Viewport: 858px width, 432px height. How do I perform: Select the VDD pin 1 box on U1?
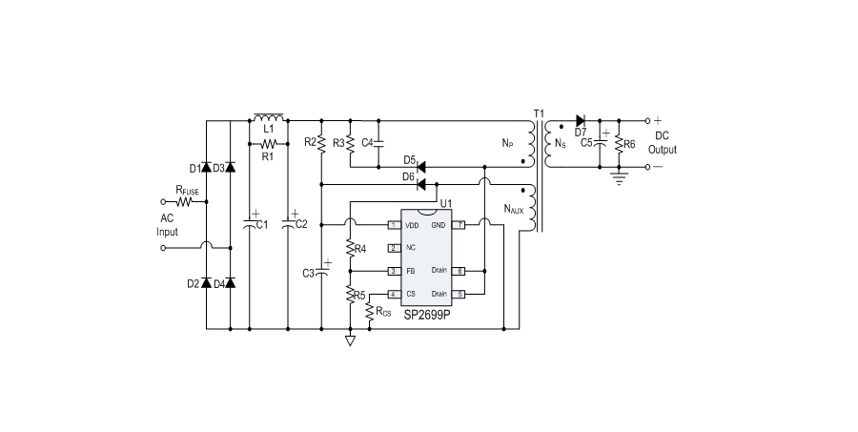coord(392,225)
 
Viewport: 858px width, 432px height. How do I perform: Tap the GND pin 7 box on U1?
coord(459,225)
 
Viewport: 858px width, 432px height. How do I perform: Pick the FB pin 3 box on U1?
coord(392,271)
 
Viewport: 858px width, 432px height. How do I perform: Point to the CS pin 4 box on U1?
coord(392,294)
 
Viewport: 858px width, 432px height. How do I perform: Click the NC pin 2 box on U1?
coord(392,248)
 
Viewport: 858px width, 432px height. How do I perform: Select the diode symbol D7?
coord(580,121)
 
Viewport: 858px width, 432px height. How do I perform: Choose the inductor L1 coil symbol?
coord(269,117)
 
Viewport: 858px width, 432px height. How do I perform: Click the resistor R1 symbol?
coord(268,144)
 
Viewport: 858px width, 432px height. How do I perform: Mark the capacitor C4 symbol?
coord(378,143)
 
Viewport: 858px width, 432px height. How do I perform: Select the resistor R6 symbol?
coord(619,144)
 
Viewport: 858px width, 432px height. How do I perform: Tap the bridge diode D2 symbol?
coord(207,283)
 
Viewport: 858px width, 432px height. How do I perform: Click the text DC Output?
coord(663,144)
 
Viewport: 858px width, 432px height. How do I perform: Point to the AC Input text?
coord(168,224)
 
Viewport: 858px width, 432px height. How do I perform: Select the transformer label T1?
coord(539,114)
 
